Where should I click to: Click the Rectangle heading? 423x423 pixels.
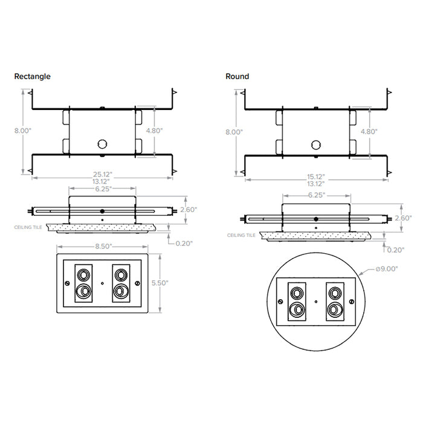(x=33, y=77)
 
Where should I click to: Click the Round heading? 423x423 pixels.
(x=237, y=77)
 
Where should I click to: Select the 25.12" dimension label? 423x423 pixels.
(x=103, y=174)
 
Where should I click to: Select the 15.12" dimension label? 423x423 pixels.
(x=315, y=176)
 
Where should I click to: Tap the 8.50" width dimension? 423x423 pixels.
(x=102, y=247)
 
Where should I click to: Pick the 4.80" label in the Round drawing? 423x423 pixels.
(x=369, y=132)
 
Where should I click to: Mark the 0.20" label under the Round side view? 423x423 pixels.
(x=395, y=249)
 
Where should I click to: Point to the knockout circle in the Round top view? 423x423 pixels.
(x=314, y=144)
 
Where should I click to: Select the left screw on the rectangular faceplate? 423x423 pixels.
(x=65, y=282)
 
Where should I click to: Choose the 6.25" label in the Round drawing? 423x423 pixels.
(x=315, y=195)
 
